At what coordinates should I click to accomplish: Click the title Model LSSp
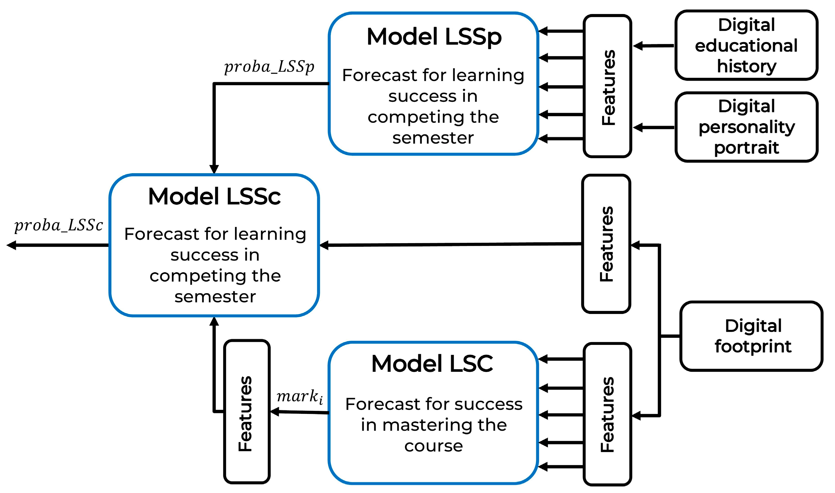[x=434, y=37]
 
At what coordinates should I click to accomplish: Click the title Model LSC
[x=432, y=363]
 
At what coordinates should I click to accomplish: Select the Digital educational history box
[x=746, y=46]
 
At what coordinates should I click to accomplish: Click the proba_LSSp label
[x=269, y=67]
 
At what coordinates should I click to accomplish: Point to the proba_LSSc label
[x=59, y=225]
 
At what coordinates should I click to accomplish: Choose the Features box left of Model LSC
[x=247, y=412]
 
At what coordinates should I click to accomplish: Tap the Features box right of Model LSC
[x=607, y=414]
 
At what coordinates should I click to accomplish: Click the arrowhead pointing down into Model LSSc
[x=214, y=169]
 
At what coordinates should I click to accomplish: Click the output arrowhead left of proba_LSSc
[x=11, y=245]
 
